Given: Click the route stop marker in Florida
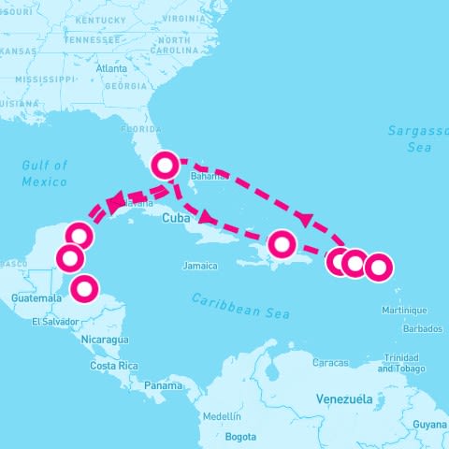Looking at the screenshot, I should [166, 166].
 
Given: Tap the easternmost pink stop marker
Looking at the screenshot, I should [377, 268].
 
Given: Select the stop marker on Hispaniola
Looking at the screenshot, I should [282, 245].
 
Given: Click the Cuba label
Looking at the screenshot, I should [176, 219].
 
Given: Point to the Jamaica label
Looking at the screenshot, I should [200, 267].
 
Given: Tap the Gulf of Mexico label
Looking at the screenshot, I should [45, 173].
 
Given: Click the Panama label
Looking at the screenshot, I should [163, 385].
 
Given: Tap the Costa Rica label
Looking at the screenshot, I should [114, 366].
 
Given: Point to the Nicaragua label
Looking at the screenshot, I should [105, 339].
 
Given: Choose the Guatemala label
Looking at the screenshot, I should [36, 297].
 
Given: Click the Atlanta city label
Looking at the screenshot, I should [110, 68].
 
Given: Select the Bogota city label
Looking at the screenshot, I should [240, 436].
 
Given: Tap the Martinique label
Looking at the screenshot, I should [404, 310].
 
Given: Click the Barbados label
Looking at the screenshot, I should [423, 328].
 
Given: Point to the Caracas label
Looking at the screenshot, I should [330, 362].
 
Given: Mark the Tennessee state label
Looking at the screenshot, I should [93, 40].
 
